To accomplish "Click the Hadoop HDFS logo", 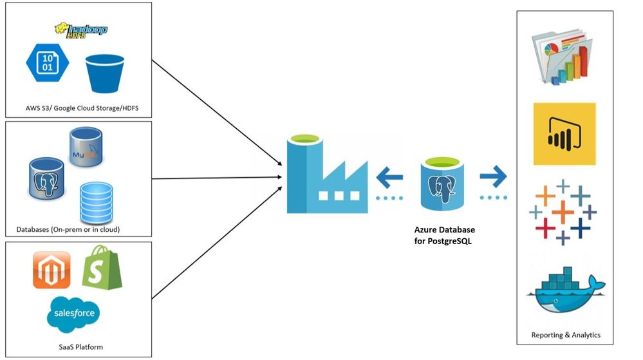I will (81, 30).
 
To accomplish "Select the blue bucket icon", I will (105, 73).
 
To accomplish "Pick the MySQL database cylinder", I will (86, 147).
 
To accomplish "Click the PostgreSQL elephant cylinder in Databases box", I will (47, 178).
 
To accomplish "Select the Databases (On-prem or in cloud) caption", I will (68, 229).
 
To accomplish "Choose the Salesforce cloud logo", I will (74, 313).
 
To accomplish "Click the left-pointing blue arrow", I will (390, 175).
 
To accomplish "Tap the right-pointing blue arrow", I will (492, 175).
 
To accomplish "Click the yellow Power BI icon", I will (564, 134).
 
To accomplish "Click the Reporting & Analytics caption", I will (566, 335).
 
